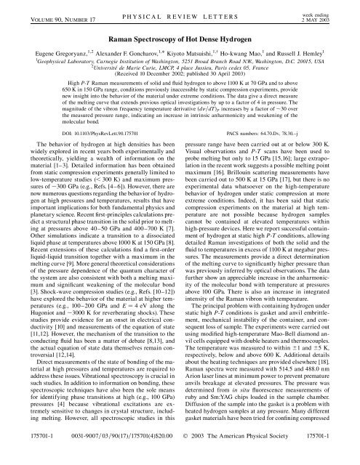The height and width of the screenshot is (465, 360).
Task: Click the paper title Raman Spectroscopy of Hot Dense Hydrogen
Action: coord(180,43)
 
